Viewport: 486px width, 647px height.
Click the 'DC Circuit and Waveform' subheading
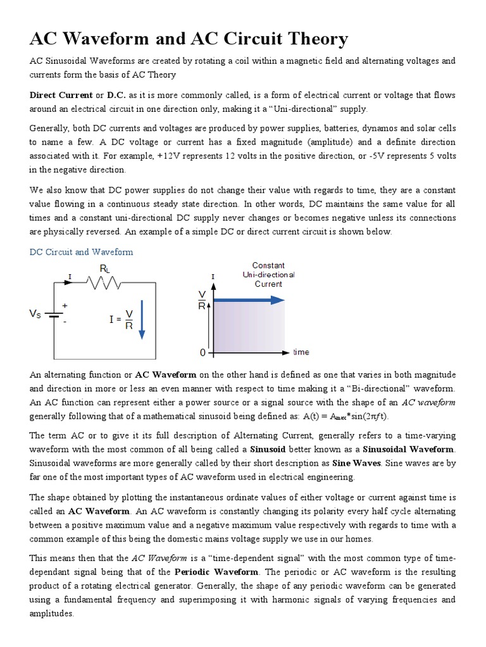tap(82, 252)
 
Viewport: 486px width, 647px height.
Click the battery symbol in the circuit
tap(55, 313)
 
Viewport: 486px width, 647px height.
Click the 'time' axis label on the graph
tap(301, 352)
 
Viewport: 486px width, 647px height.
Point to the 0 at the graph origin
tap(202, 352)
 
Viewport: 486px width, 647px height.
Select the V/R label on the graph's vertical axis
tap(202, 301)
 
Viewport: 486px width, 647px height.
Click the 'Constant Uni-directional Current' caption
tap(268, 275)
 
